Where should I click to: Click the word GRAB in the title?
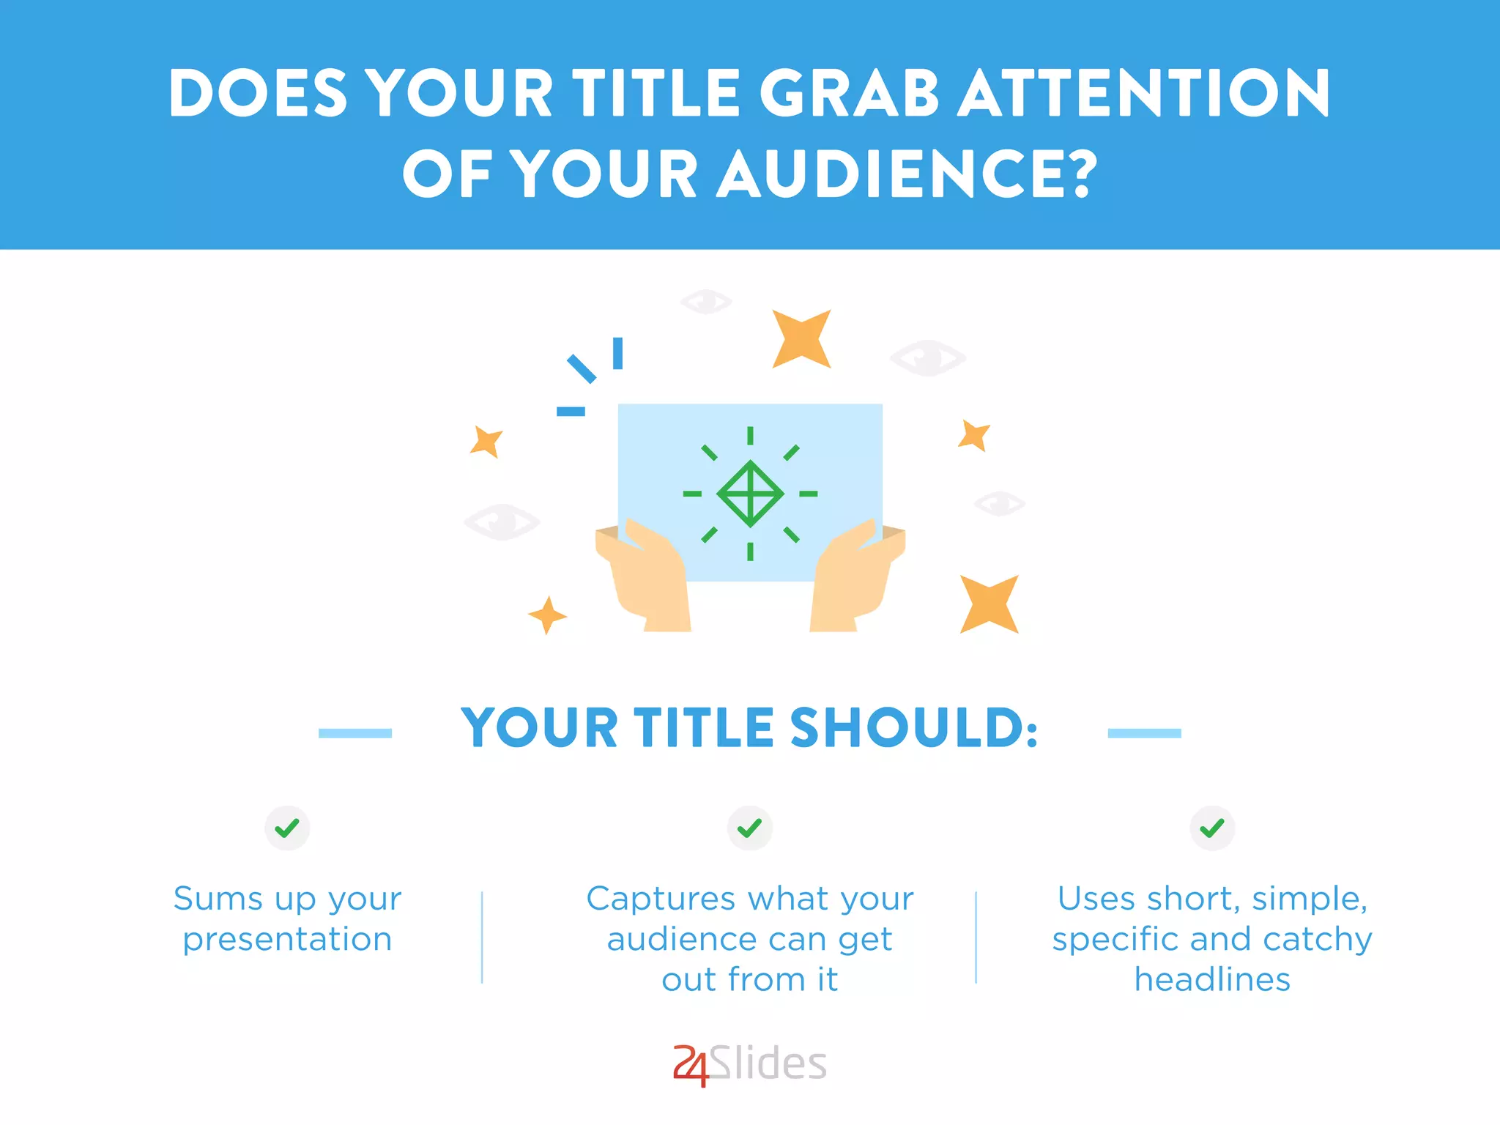(x=850, y=94)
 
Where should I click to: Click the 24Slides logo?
(x=750, y=1064)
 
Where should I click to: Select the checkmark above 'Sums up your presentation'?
(x=287, y=828)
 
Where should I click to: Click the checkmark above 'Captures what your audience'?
(x=749, y=828)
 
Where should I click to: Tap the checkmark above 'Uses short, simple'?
(x=1212, y=828)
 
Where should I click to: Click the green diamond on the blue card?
(x=750, y=494)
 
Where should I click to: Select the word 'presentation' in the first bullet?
(x=287, y=940)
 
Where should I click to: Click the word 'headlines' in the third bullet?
(x=1212, y=980)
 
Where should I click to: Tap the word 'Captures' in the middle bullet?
(x=661, y=899)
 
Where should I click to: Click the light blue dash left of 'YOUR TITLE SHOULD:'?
(x=355, y=733)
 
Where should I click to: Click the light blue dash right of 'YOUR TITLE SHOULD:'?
(x=1144, y=733)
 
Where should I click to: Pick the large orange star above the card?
(x=801, y=338)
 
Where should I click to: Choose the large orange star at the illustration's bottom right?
(x=989, y=604)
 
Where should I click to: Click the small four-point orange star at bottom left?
(x=547, y=615)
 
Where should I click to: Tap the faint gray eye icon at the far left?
(x=502, y=522)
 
